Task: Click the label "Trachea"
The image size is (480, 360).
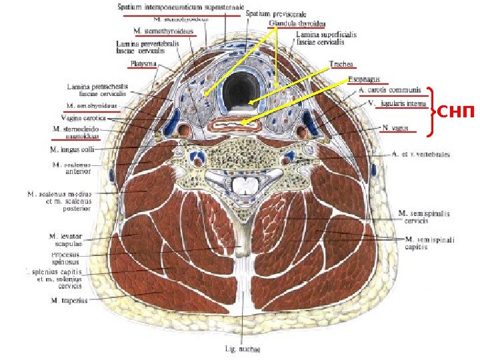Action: point(341,65)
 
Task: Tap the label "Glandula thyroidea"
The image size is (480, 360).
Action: point(292,23)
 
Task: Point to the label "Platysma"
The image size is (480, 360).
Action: point(143,64)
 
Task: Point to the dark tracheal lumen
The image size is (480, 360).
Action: point(237,91)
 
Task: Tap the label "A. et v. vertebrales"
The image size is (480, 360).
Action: point(421,155)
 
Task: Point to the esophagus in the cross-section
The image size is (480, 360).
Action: point(237,123)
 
